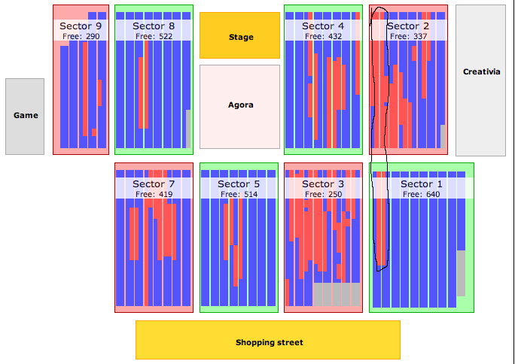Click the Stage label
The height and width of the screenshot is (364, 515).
pos(241,37)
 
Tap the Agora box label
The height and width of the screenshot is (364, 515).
pos(241,105)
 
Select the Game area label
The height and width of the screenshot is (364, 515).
pos(26,115)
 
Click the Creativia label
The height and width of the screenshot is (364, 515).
pos(482,71)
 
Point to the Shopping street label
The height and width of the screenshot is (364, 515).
pos(270,342)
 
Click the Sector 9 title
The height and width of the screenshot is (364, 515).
pos(81,26)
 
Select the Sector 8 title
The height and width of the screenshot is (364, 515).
pos(154,26)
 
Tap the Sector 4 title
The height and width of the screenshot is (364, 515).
pos(323,26)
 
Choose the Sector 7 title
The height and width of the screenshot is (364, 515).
pos(154,184)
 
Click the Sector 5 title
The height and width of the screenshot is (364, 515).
pos(239,184)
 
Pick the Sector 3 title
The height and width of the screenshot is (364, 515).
pos(323,184)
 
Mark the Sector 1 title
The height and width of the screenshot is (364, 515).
pos(422,184)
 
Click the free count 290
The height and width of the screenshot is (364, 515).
pos(93,36)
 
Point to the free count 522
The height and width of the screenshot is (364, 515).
pos(166,36)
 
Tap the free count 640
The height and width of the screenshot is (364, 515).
pos(433,195)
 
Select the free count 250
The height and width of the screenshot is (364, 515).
pos(335,195)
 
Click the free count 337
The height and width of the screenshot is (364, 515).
pos(420,36)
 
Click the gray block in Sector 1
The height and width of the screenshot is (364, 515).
pos(461,274)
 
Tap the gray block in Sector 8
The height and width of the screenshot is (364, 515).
pos(188,129)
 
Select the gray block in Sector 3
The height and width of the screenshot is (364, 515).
pos(337,295)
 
